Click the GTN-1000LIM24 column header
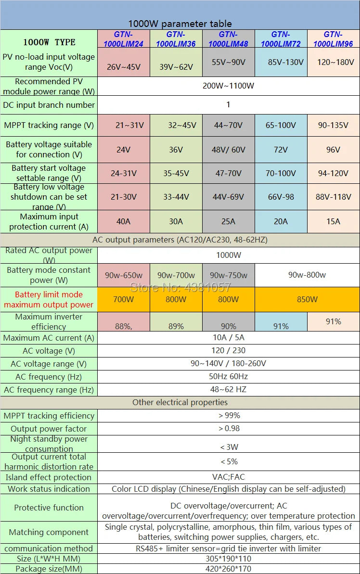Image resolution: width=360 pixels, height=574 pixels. [124, 38]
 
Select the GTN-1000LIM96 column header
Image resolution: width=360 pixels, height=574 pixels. [333, 38]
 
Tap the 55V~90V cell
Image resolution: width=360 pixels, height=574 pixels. [228, 62]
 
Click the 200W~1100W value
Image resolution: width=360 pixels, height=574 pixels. [228, 86]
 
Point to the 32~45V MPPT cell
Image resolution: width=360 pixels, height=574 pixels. [176, 125]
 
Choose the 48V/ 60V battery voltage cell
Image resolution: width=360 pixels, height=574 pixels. [228, 150]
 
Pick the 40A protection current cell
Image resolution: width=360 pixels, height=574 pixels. [124, 221]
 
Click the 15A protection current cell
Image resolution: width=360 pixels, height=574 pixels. [333, 221]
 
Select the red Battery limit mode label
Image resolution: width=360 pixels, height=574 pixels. [49, 299]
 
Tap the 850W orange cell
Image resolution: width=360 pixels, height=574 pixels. [307, 299]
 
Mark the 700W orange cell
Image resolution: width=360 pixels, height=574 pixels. [124, 299]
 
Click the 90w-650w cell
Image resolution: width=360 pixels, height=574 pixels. [124, 275]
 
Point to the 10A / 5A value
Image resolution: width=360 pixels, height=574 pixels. [228, 338]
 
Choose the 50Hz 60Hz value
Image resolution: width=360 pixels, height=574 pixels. [228, 376]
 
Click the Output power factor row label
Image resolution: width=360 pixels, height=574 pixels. [49, 429]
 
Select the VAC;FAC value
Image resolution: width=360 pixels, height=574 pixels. [228, 477]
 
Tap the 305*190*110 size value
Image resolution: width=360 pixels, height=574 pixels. [228, 559]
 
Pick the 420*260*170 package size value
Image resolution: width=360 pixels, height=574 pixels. [228, 569]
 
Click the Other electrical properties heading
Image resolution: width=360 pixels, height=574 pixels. [180, 402]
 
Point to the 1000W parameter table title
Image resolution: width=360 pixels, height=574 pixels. [180, 24]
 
